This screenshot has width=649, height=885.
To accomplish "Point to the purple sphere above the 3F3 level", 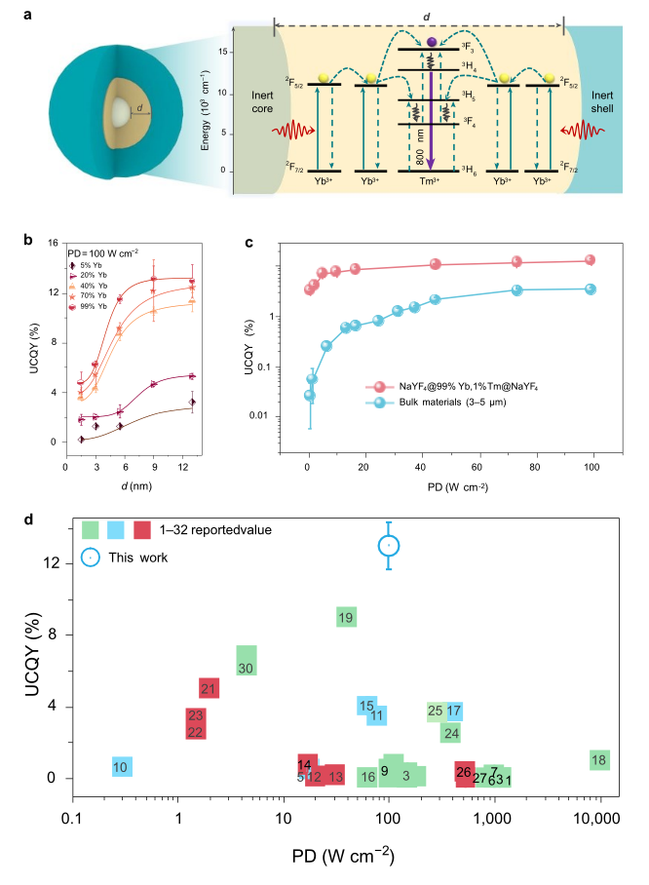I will (x=431, y=42).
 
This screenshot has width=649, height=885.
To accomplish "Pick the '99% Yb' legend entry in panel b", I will (x=92, y=304).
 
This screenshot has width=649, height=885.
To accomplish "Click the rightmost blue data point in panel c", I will (x=590, y=289).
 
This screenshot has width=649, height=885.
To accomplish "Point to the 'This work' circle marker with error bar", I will (x=389, y=546).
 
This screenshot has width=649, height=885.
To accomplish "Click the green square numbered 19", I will (x=345, y=617).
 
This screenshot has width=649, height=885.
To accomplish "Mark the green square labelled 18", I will (x=599, y=760).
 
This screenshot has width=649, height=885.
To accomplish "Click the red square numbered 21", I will (x=209, y=688).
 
